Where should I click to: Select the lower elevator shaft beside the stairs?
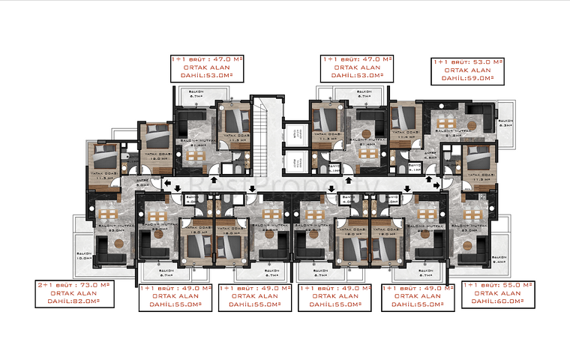(x=295, y=161)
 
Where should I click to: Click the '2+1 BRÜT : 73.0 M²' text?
(x=73, y=286)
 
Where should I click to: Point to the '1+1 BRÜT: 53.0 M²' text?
(x=467, y=62)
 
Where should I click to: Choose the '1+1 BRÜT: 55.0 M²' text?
(x=499, y=286)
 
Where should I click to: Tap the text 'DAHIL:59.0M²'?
(x=467, y=78)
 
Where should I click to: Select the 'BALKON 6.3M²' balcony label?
(x=505, y=123)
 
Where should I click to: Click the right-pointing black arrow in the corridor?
(x=437, y=181)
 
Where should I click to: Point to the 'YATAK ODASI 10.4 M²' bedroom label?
(x=405, y=136)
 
